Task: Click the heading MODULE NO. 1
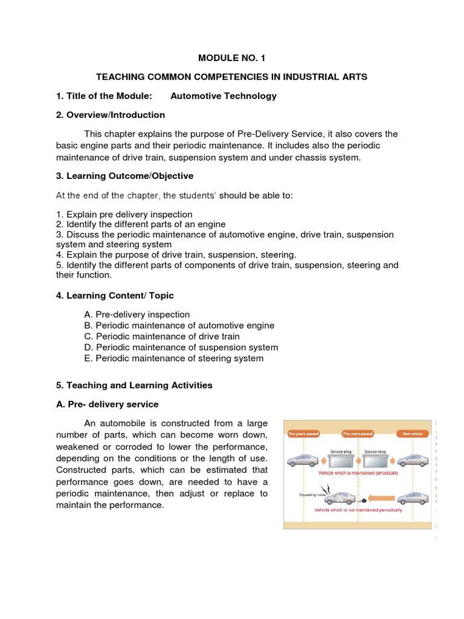[232, 58]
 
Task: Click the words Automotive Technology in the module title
[224, 96]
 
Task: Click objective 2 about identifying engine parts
[132, 224]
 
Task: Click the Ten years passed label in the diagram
[304, 433]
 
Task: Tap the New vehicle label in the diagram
[413, 433]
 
